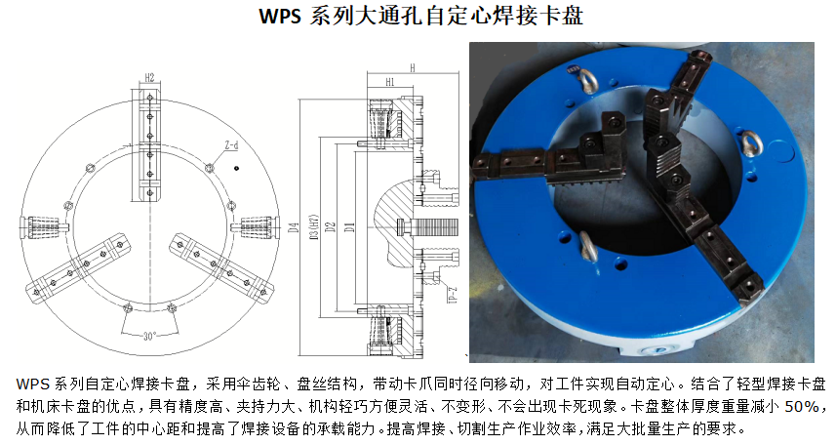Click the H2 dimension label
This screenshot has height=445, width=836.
click(149, 77)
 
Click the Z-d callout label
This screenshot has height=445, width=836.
click(231, 145)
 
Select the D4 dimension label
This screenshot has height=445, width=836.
click(294, 227)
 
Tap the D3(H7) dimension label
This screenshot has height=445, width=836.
click(314, 226)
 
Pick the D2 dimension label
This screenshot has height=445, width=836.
click(331, 226)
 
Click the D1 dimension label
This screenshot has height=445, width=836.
click(349, 226)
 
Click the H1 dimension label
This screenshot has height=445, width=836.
click(390, 82)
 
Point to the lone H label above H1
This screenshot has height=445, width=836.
click(413, 67)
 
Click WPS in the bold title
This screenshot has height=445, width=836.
click(280, 16)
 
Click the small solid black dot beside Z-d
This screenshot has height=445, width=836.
click(236, 168)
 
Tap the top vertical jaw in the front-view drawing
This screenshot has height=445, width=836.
click(150, 146)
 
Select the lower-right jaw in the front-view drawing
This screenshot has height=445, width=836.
click(221, 265)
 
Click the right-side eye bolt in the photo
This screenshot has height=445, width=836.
click(751, 143)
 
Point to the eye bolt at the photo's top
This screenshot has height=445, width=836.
click(587, 81)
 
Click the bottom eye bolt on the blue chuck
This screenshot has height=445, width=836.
click(588, 247)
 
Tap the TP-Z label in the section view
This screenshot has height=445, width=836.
click(453, 295)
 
